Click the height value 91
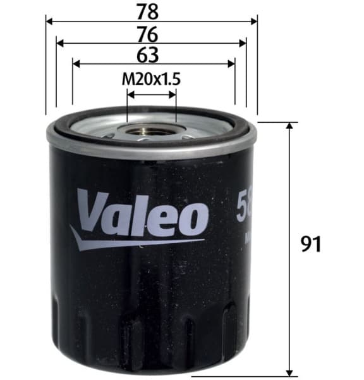point(310,244)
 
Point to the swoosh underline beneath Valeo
point(126,241)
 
